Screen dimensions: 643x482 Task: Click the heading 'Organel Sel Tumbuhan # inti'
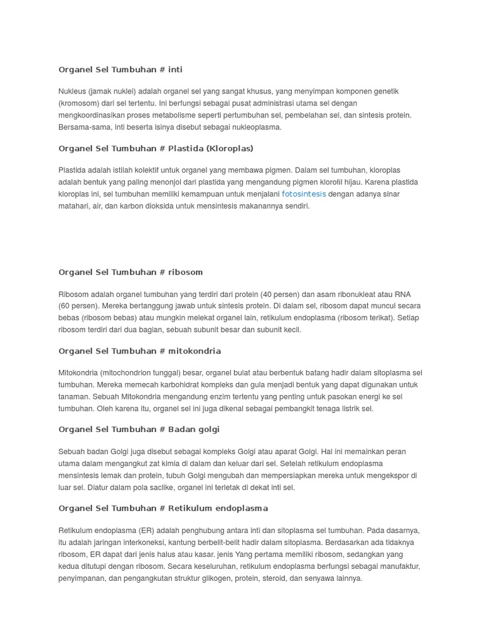(120, 70)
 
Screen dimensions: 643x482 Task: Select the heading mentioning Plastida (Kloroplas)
(156, 149)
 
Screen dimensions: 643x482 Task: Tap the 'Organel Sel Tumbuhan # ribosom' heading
(131, 273)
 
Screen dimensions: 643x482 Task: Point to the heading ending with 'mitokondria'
(139, 351)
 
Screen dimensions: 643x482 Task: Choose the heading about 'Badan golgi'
(139, 430)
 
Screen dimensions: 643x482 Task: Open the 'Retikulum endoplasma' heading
(163, 509)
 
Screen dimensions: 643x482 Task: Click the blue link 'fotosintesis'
(304, 194)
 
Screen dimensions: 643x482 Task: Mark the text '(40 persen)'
(260, 294)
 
